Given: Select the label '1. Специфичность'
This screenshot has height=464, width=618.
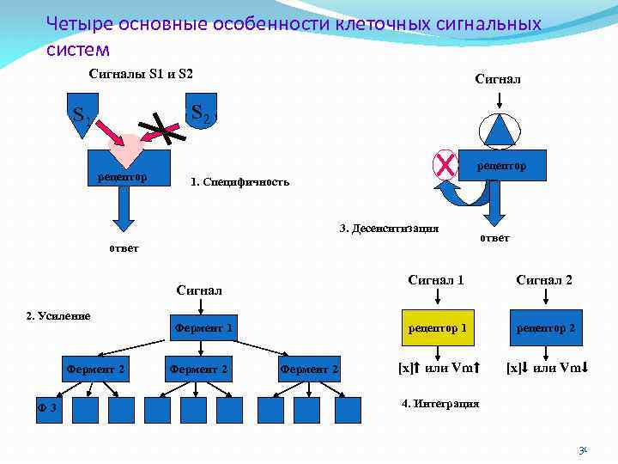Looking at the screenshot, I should tap(240, 182).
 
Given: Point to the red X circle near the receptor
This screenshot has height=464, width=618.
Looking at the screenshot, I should tap(445, 162).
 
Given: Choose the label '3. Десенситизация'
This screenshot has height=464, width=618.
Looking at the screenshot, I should tap(389, 229).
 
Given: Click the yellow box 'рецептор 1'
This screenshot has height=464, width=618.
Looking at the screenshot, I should tap(438, 327).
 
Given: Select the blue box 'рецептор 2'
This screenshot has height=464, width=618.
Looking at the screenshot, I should tap(546, 327).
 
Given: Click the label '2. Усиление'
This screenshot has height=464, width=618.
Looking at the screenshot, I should tap(58, 315).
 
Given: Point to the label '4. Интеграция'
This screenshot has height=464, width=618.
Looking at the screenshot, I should tap(440, 403).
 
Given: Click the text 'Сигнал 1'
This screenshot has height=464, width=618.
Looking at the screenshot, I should tap(436, 280).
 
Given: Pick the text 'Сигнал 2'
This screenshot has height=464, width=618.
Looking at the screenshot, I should tap(544, 280).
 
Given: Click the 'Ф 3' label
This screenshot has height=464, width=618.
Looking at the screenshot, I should tap(46, 407).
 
